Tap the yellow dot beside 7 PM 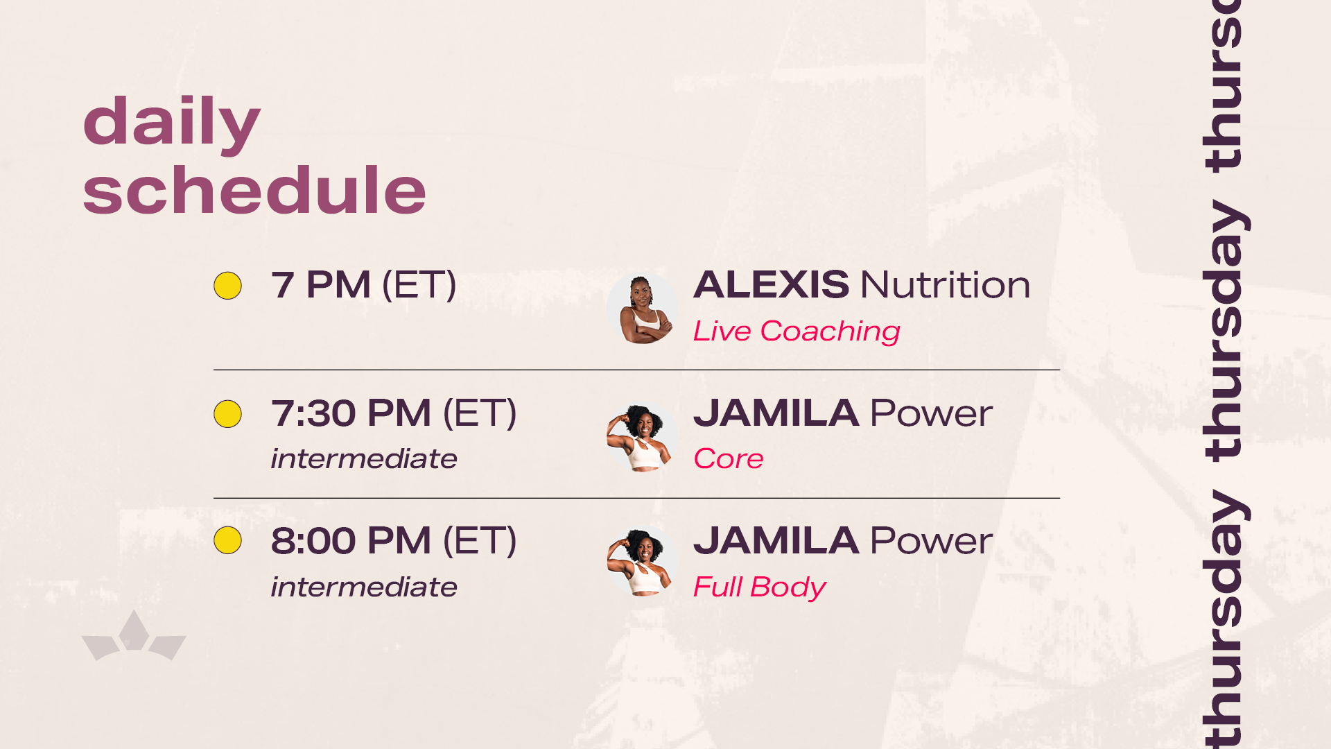tap(227, 286)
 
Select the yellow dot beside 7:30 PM tap(227, 414)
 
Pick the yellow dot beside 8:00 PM tap(227, 540)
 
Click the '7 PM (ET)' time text tap(363, 285)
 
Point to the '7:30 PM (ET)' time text tap(394, 413)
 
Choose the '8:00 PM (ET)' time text tap(394, 541)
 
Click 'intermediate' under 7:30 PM tap(364, 458)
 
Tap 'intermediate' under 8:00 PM tap(364, 587)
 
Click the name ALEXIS tap(771, 284)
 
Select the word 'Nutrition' tap(946, 284)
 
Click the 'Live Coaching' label tap(797, 332)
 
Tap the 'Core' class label tap(729, 459)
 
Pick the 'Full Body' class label tap(760, 587)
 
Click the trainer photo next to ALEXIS tap(643, 309)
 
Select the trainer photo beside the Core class tap(643, 437)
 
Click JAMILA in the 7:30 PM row tap(776, 413)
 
